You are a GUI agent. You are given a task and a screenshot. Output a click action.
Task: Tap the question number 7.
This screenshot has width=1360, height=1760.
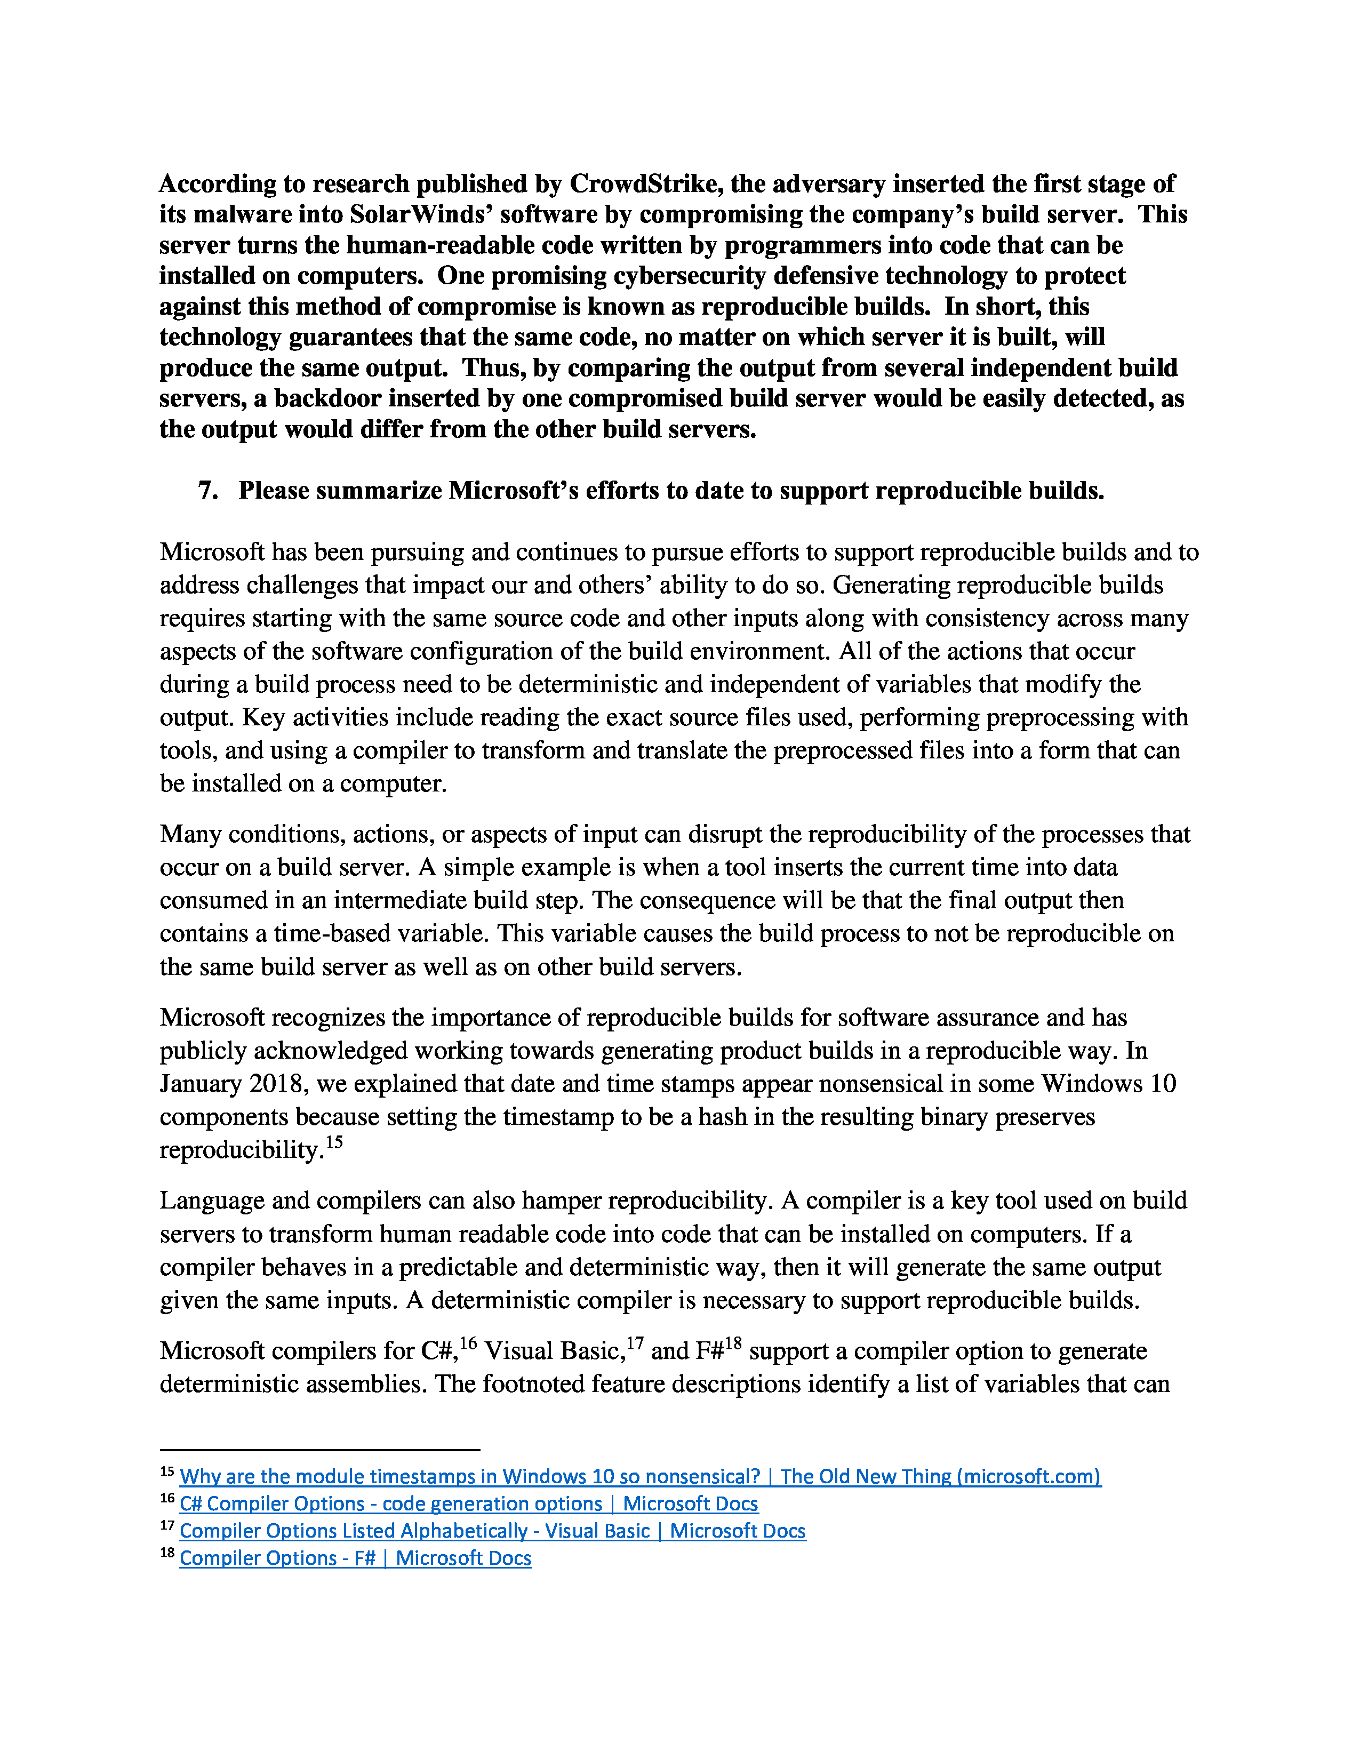[208, 490]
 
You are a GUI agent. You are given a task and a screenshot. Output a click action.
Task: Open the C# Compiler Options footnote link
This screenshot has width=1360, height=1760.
[468, 1504]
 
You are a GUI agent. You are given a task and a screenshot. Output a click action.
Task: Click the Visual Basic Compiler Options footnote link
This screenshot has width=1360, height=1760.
[492, 1531]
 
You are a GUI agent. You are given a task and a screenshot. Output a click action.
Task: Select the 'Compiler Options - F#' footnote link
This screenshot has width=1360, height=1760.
[355, 1558]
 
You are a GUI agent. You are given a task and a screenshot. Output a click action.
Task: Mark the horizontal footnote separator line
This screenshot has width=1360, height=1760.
[320, 1450]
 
